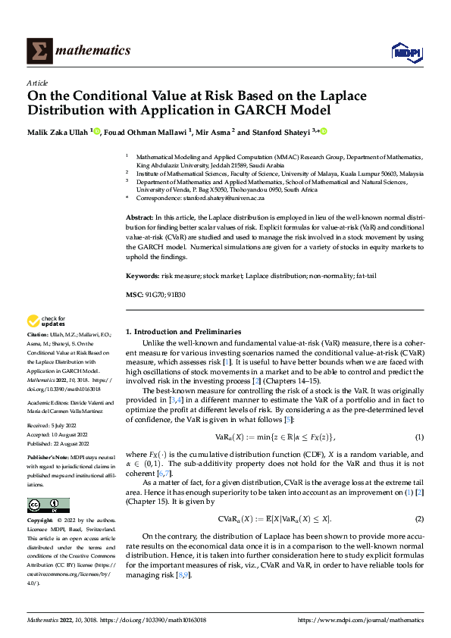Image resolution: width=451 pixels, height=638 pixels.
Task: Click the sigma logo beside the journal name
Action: pyautogui.click(x=38, y=50)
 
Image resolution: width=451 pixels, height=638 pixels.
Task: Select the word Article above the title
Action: pyautogui.click(x=37, y=83)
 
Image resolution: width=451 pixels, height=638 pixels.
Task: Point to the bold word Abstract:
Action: pyautogui.click(x=141, y=217)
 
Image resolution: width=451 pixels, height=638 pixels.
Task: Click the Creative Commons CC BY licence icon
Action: pyautogui.click(x=48, y=505)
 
